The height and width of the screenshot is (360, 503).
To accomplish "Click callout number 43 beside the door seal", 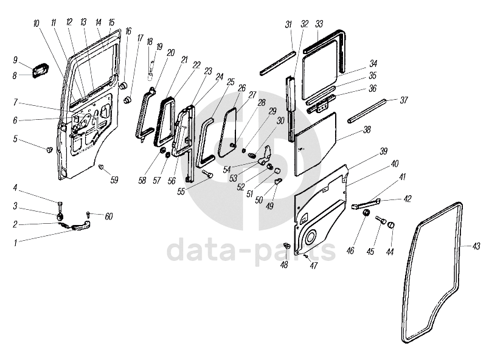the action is [x=476, y=246].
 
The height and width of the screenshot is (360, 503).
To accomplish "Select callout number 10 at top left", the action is [x=36, y=23].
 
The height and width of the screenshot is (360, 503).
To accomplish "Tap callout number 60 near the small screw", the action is [x=109, y=216].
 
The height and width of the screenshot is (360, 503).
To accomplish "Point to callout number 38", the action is [x=367, y=130].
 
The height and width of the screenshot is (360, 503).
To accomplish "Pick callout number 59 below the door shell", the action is [x=114, y=179].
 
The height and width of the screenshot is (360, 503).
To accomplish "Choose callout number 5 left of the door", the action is [x=15, y=139].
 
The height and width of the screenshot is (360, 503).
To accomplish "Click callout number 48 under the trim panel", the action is [x=284, y=265].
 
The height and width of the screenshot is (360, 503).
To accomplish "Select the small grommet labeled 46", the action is [x=367, y=214].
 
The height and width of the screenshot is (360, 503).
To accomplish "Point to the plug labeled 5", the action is [x=49, y=148].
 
